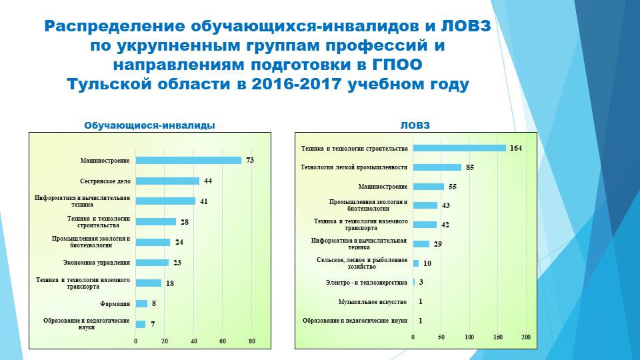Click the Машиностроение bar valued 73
188,160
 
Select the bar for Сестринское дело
167,181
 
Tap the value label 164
515,148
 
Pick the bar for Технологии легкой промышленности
437,167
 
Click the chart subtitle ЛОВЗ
415,125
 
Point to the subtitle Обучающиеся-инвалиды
149,125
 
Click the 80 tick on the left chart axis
252,341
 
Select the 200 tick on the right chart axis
526,337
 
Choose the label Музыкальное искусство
372,302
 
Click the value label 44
207,181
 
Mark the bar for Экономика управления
152,263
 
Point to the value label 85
469,167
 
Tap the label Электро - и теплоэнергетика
366,283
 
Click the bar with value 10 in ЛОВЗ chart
416,263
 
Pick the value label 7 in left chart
153,324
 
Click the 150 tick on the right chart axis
497,337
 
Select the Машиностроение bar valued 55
428,187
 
